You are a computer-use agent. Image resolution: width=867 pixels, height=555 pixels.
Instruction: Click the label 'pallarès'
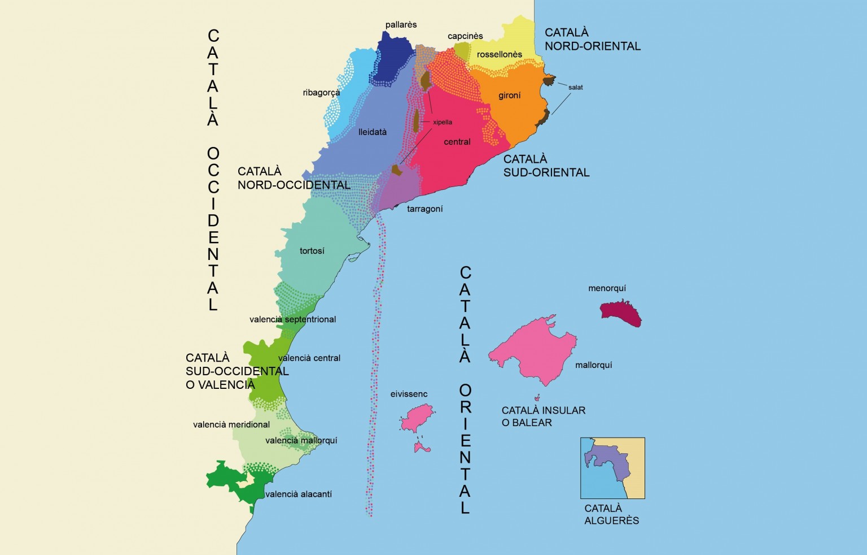pos(401,25)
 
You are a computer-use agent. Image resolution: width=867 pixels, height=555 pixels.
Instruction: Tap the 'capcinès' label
pos(465,36)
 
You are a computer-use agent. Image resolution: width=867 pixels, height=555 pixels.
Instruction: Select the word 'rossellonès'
pos(499,55)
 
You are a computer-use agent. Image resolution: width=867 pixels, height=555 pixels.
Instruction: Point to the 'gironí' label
pos(509,96)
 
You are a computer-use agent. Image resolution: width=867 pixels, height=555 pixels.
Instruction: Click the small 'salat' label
pos(575,88)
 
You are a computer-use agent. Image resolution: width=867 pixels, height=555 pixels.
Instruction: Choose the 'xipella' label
pos(443,122)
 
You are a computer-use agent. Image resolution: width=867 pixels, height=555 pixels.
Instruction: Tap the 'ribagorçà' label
pos(321,93)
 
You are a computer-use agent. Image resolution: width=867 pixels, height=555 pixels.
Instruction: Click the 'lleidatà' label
pos(373,132)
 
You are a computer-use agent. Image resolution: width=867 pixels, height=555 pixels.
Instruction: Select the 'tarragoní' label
pos(424,209)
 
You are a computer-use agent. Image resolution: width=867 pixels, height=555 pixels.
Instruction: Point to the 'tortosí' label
pos(312,251)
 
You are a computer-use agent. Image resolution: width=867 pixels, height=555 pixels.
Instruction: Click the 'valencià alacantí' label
pos(298,495)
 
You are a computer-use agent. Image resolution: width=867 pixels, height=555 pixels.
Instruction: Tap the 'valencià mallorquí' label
pos(301,441)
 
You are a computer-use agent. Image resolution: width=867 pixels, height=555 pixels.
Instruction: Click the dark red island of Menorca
pos(621,314)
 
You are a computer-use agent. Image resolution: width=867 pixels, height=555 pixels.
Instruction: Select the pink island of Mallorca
pos(533,350)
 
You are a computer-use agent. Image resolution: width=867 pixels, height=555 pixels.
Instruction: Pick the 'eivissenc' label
pos(409,394)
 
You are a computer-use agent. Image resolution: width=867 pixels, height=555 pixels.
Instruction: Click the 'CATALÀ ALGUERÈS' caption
pos(611,514)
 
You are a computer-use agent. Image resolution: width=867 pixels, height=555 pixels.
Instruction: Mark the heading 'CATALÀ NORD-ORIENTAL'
pos(592,40)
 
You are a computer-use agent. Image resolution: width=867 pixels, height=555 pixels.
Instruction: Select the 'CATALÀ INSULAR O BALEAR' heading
pos(543,417)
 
